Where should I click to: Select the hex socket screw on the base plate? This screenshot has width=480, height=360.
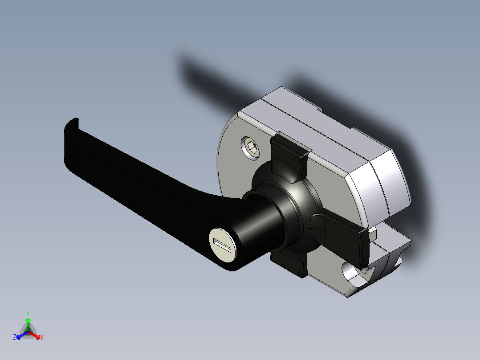coord(251,147)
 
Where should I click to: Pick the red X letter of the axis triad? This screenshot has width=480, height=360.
coord(42,338)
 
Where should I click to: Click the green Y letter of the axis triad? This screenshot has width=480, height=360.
coord(28,313)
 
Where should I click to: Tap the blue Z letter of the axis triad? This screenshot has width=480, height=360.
coord(15,337)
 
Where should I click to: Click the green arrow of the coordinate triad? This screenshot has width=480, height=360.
coord(28,323)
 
